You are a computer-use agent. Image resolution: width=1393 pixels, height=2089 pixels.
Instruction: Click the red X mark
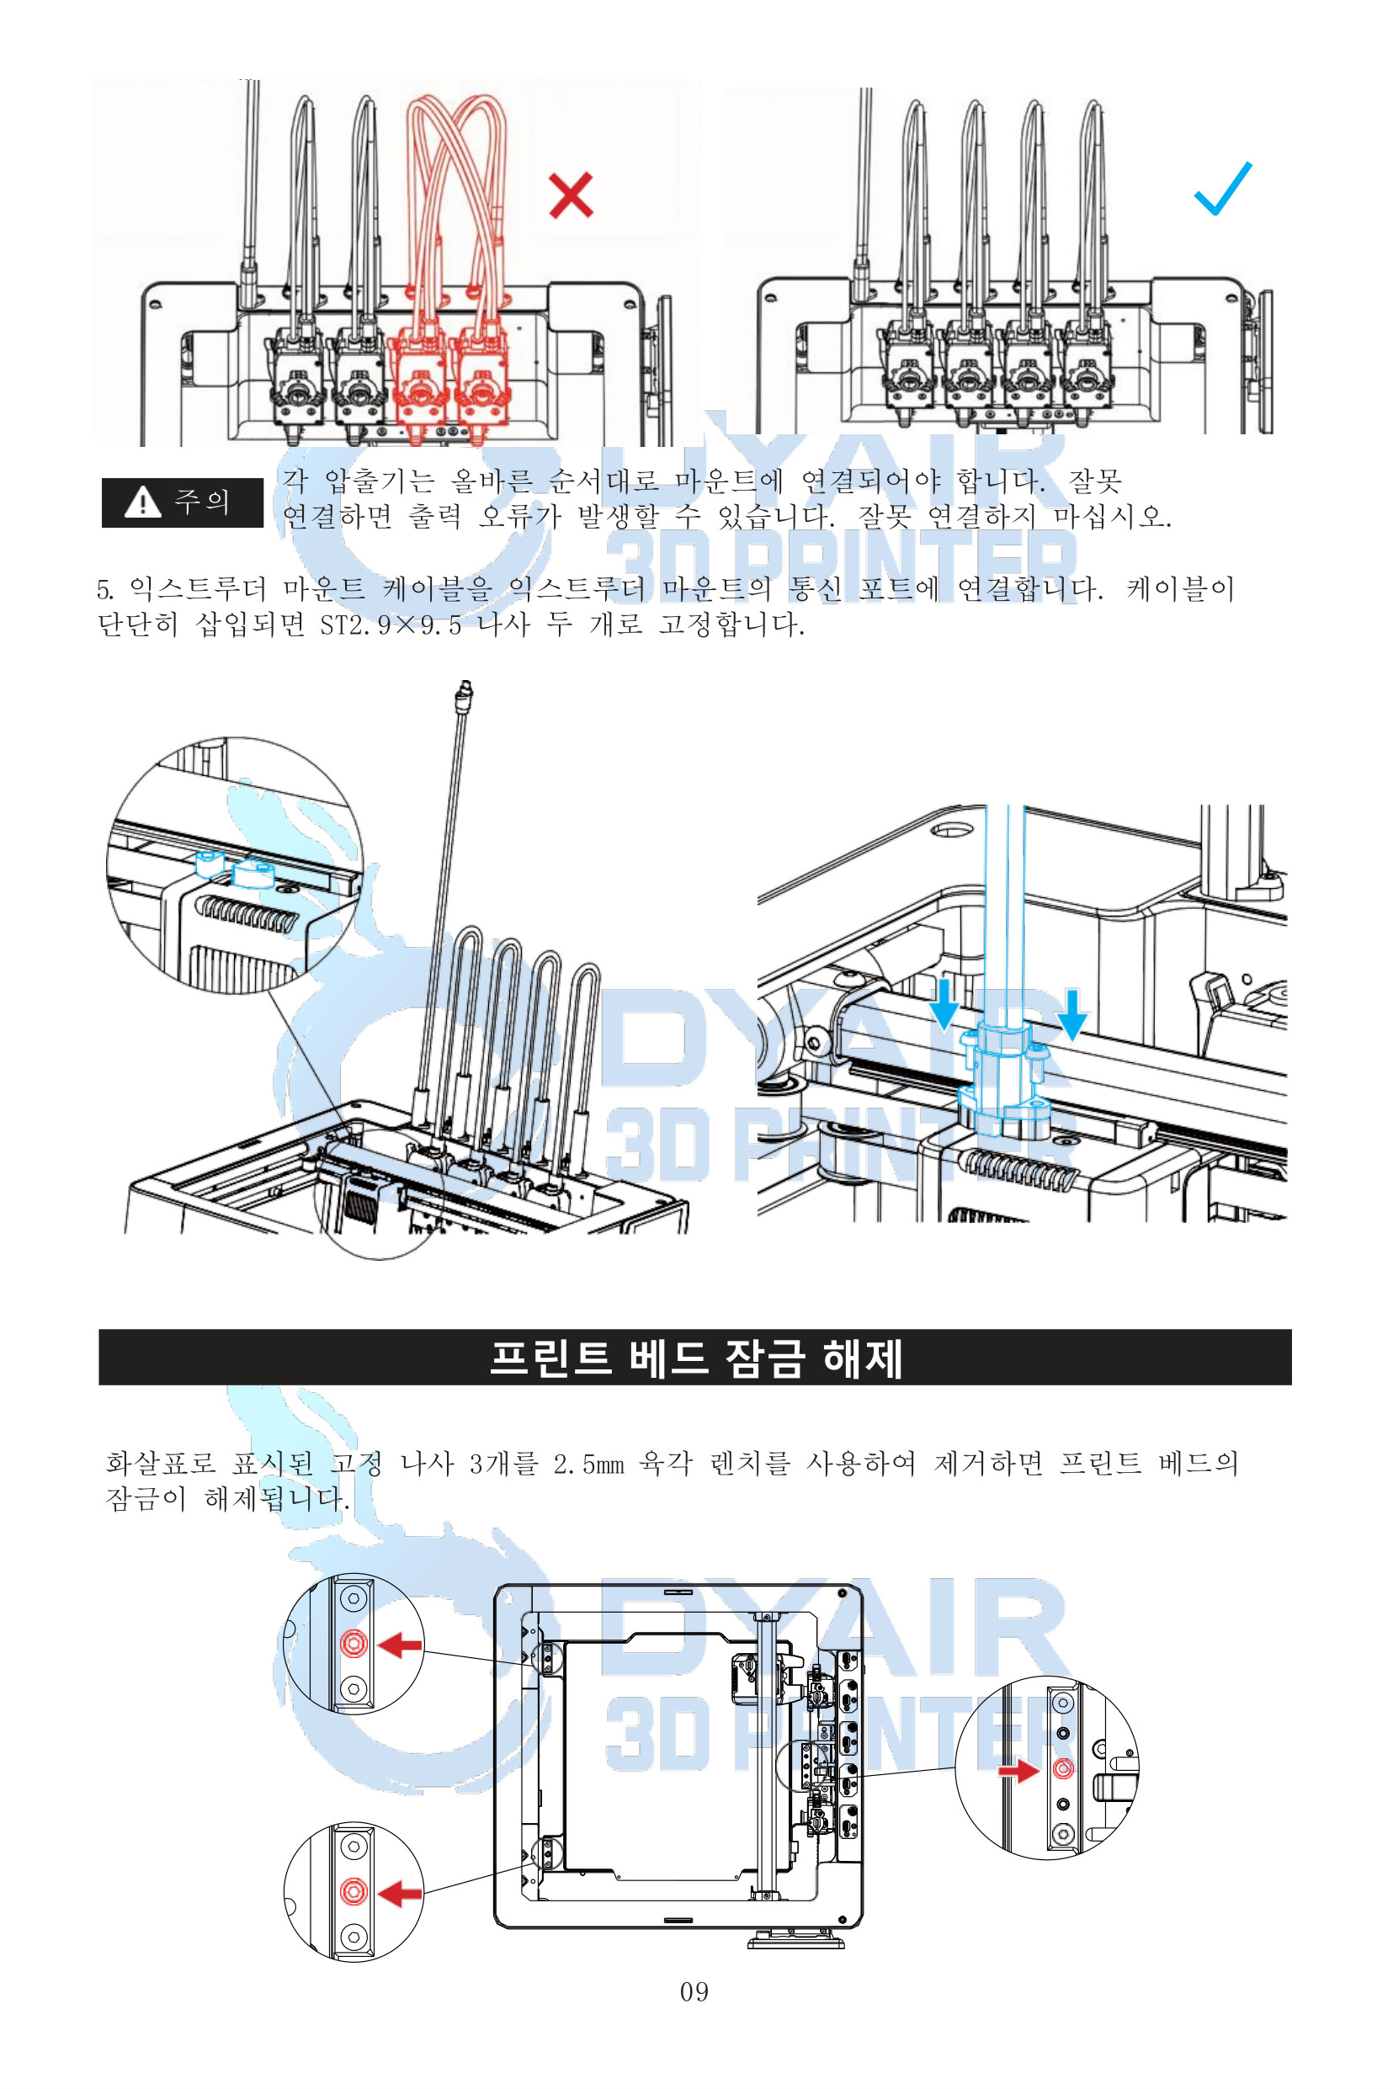571,195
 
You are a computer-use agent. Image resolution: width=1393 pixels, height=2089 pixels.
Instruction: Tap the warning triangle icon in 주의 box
142,502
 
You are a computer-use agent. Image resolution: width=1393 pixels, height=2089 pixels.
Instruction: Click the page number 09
694,1992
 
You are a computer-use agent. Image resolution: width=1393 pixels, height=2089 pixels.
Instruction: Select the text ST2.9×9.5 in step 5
391,625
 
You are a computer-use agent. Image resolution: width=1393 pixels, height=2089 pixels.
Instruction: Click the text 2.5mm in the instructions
588,1464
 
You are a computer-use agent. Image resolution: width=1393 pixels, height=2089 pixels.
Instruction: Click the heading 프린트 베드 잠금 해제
695,1358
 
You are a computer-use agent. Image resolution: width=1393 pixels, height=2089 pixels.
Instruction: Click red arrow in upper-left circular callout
401,1645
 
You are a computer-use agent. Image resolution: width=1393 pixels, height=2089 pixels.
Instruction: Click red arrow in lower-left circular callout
401,1894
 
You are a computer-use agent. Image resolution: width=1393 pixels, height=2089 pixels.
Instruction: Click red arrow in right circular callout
1018,1771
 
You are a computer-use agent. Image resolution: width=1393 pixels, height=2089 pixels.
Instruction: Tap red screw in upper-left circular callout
354,1644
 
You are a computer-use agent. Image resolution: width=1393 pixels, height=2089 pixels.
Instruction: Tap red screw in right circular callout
1062,1768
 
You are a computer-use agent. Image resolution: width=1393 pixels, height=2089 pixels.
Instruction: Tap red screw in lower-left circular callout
354,1892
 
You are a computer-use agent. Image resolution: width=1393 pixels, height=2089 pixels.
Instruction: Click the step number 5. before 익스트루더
105,590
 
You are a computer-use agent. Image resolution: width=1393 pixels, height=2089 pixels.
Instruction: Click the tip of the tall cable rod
464,689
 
